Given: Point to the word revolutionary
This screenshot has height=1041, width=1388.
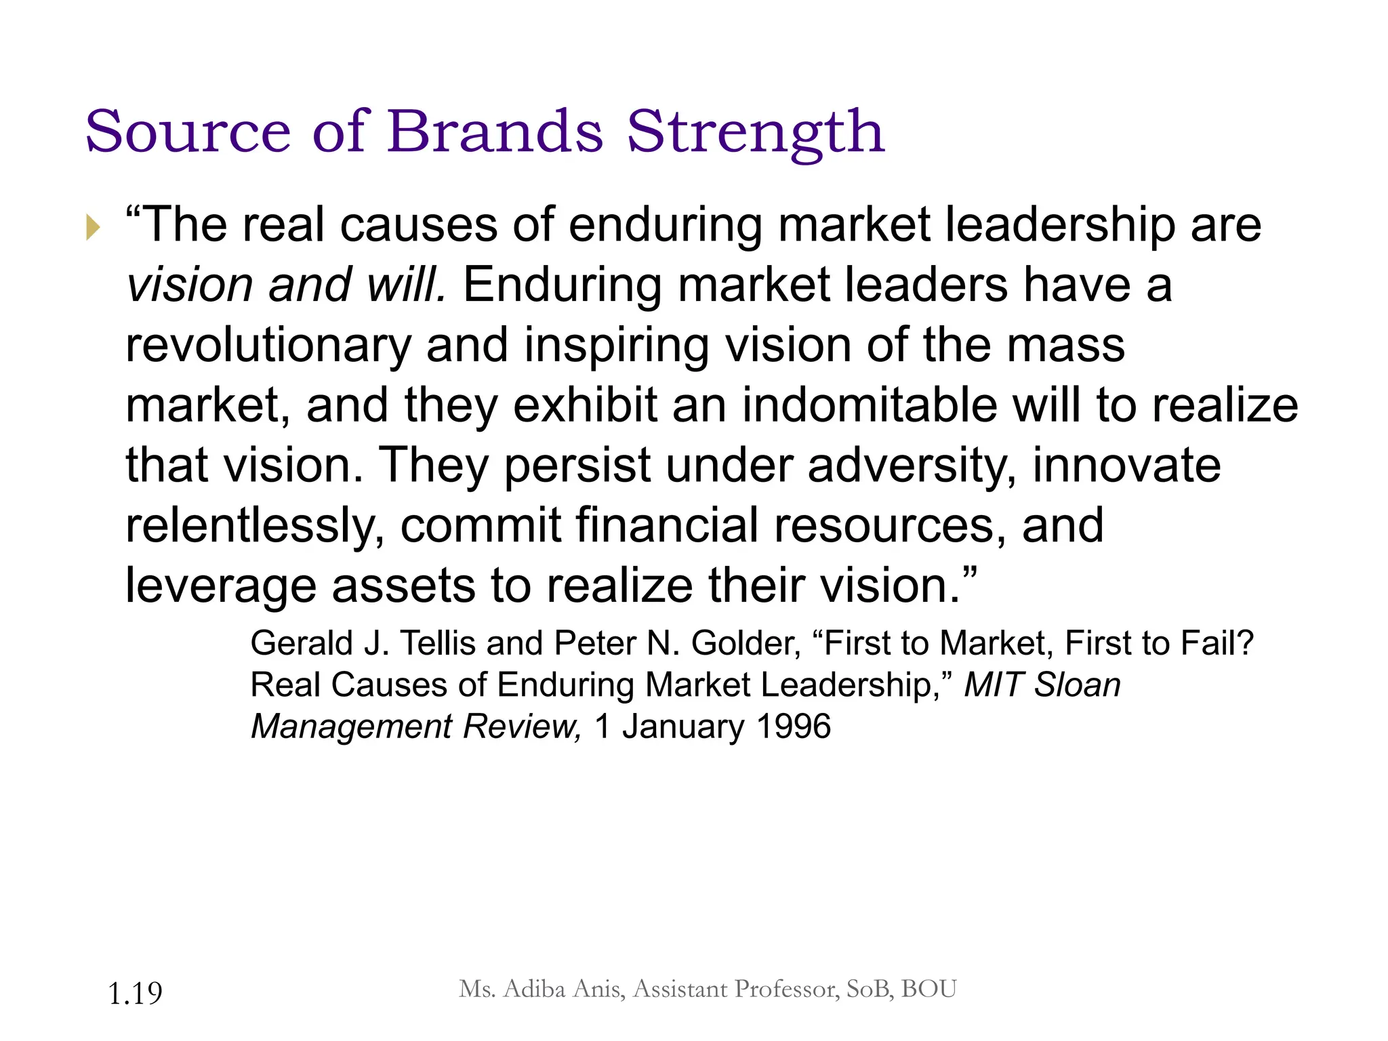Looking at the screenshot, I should pyautogui.click(x=268, y=346).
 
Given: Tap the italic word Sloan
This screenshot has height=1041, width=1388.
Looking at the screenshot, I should pyautogui.click(x=1078, y=685).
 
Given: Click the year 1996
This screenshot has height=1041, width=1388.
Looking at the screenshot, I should pyautogui.click(x=794, y=727).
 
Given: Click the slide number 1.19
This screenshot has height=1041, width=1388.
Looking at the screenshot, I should pyautogui.click(x=135, y=994).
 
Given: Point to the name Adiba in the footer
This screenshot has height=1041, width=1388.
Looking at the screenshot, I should pyautogui.click(x=535, y=989).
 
